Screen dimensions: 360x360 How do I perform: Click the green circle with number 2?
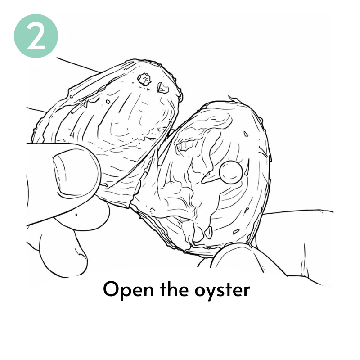36,36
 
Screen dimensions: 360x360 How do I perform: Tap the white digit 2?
36,36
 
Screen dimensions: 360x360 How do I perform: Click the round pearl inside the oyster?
231,172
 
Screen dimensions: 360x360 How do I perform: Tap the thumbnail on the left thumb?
76,173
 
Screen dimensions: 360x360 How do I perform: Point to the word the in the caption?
174,289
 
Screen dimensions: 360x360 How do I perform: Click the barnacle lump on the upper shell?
144,80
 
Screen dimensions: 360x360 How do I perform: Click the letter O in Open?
112,289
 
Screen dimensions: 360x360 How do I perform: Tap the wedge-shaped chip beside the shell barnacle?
163,88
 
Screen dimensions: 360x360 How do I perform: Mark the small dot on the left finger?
76,215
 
